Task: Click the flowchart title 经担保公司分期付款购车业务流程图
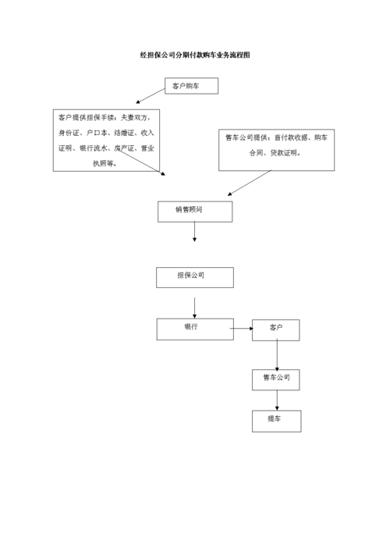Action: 195,56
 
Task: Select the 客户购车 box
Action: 191,87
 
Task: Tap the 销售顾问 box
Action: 194,211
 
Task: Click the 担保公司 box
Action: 194,277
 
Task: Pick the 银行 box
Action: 194,329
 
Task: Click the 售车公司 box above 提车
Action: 276,379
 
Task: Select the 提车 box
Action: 276,421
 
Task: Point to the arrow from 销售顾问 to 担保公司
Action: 194,232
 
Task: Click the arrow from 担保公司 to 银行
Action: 194,306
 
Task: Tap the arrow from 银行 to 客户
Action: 243,330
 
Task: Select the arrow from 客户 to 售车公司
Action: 277,355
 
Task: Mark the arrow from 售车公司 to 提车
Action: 277,400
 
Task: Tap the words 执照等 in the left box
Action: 105,163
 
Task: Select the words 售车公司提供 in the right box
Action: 246,139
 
